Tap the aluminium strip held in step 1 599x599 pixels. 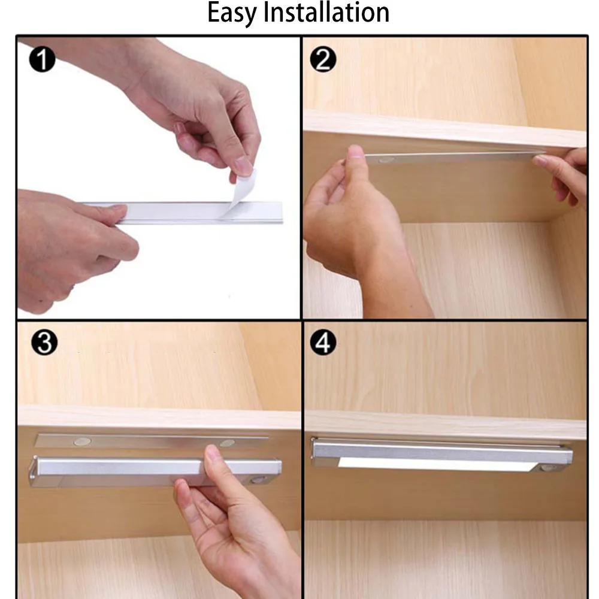point(198,212)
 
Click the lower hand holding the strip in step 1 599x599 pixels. point(66,246)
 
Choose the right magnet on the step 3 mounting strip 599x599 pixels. point(227,443)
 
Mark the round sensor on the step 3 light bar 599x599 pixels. point(258,480)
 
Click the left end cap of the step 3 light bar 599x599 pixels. point(34,471)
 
